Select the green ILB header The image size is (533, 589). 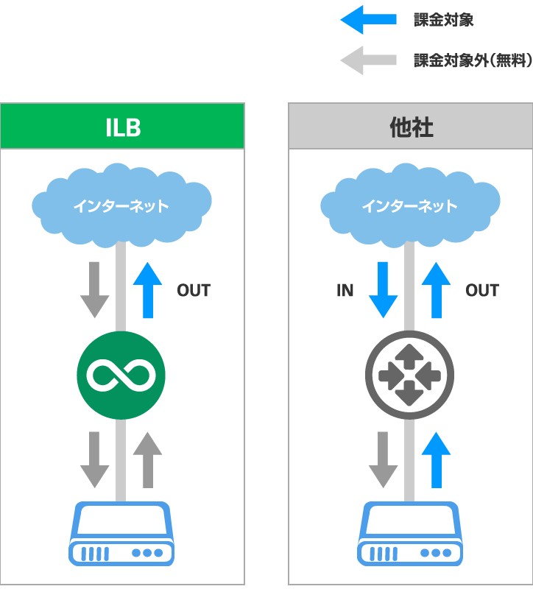122,127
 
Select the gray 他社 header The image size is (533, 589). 411,127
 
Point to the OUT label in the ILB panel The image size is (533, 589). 194,291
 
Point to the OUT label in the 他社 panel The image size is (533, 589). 482,291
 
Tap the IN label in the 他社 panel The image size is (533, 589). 345,291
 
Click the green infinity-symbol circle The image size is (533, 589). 121,375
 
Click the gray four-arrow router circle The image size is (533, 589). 410,375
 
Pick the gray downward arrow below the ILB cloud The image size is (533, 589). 94,289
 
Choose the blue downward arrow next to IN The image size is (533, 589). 383,289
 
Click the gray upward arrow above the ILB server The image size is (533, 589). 148,459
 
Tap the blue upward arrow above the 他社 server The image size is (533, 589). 437,459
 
